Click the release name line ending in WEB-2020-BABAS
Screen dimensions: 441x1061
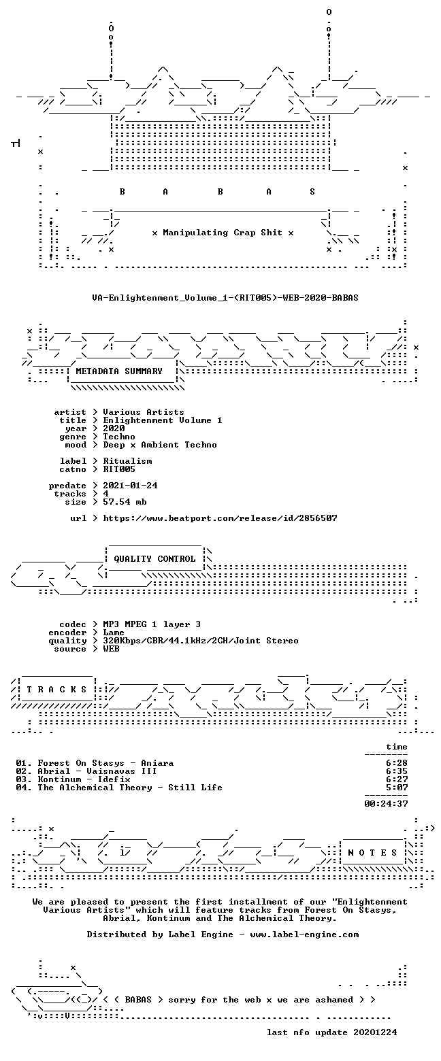pyautogui.click(x=225, y=298)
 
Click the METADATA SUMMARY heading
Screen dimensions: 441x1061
pyautogui.click(x=119, y=371)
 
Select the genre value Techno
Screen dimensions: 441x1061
pyautogui.click(x=119, y=437)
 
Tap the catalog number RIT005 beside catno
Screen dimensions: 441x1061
pyautogui.click(x=119, y=469)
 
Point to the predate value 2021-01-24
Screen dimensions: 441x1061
pyautogui.click(x=131, y=486)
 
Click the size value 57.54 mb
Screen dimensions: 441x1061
pyautogui.click(x=125, y=502)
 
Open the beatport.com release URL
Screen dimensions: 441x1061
pyautogui.click(x=220, y=518)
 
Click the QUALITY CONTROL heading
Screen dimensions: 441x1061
pyautogui.click(x=154, y=559)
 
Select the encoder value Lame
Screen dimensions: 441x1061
pyautogui.click(x=114, y=633)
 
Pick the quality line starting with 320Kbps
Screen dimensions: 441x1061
pyautogui.click(x=201, y=641)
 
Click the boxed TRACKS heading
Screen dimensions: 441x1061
pyautogui.click(x=57, y=690)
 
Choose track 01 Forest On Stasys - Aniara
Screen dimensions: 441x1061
pyautogui.click(x=95, y=763)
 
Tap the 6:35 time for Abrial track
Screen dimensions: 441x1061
pyautogui.click(x=397, y=771)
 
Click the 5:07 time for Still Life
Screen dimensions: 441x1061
pyautogui.click(x=397, y=788)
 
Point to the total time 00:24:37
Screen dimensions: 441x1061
pyautogui.click(x=386, y=804)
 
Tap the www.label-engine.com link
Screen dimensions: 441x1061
pyautogui.click(x=304, y=934)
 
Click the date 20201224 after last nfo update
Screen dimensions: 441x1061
pyautogui.click(x=375, y=1032)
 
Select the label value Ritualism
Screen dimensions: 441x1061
pyautogui.click(x=127, y=461)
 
